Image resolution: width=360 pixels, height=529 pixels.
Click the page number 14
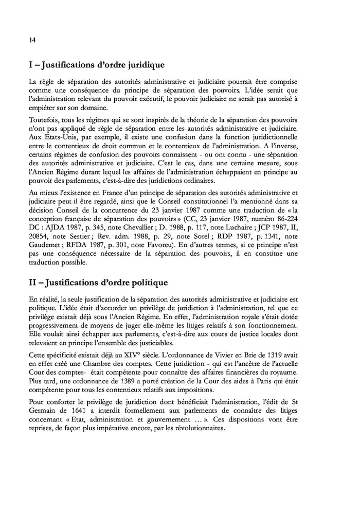[32, 42]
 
